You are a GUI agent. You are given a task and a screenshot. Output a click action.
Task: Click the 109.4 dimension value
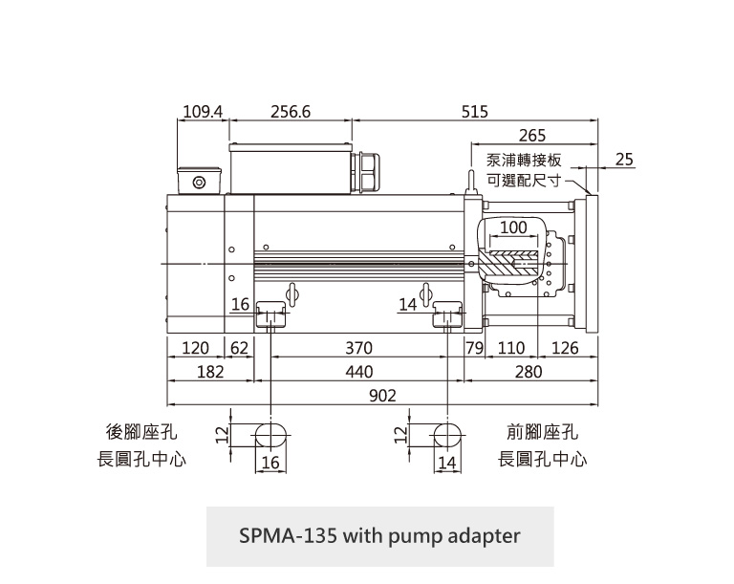click(x=203, y=112)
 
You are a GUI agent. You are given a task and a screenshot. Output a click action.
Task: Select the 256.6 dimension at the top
click(x=291, y=112)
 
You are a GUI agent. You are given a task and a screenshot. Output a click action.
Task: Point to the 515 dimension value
click(x=474, y=112)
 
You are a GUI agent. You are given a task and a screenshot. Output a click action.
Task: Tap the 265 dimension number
click(x=532, y=137)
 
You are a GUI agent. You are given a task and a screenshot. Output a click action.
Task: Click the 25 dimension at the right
click(x=625, y=159)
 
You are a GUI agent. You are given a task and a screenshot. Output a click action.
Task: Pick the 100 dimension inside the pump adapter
click(x=513, y=227)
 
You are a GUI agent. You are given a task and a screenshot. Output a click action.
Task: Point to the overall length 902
click(x=382, y=395)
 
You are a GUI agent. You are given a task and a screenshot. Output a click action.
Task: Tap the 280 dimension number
click(x=529, y=371)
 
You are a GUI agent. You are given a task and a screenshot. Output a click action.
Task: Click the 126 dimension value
click(x=566, y=348)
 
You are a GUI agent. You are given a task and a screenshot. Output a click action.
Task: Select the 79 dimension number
click(x=474, y=348)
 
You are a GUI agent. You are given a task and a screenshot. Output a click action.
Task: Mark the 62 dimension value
click(x=238, y=348)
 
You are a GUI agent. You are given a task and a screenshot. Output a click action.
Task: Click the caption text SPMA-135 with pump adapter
click(x=379, y=535)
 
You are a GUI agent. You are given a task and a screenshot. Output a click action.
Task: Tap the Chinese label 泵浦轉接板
click(x=524, y=161)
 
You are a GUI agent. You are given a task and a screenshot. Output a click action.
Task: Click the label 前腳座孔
click(x=542, y=433)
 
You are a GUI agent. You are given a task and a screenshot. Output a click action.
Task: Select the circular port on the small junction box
click(x=199, y=183)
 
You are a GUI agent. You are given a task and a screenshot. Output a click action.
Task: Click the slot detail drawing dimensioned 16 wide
click(x=268, y=435)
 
